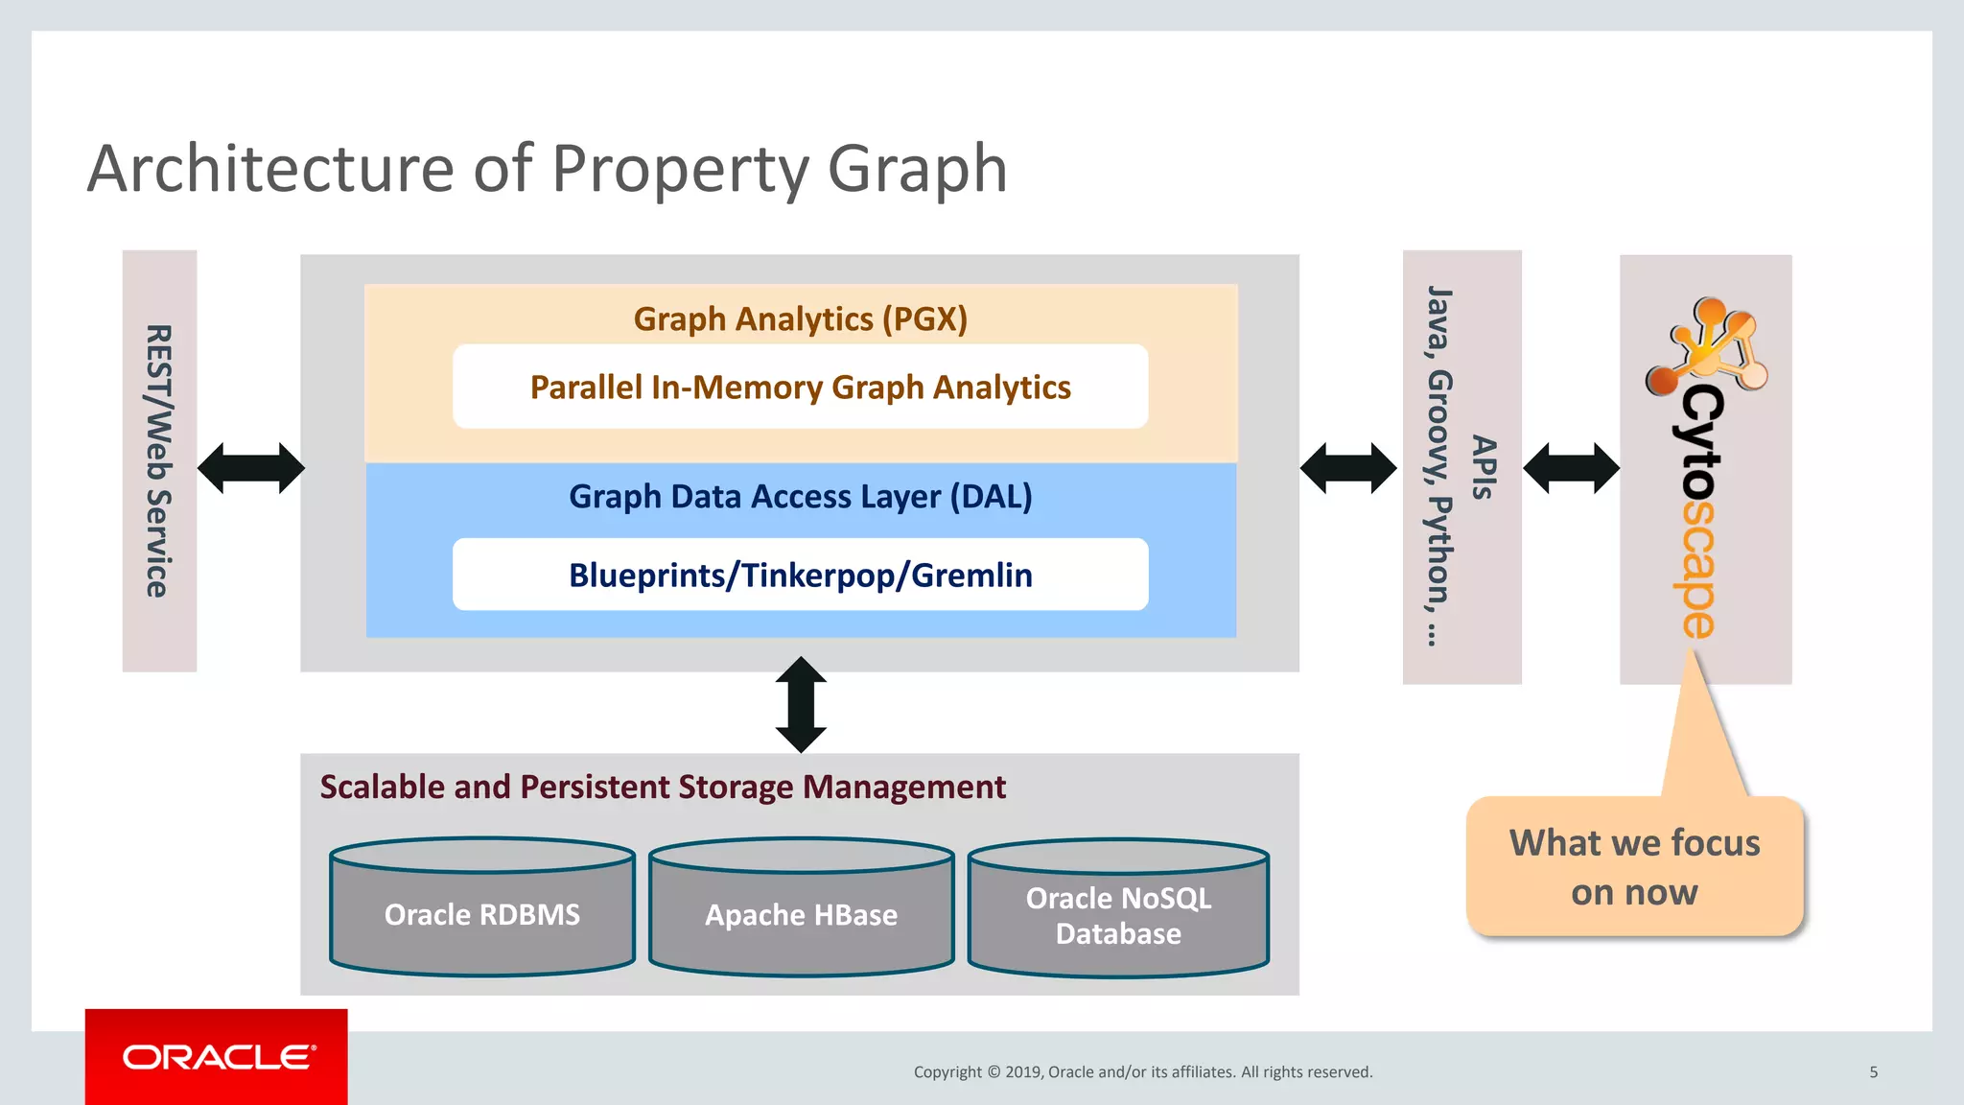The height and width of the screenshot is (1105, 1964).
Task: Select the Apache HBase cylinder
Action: click(x=802, y=913)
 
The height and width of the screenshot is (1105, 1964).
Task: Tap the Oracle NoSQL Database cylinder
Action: click(x=1118, y=914)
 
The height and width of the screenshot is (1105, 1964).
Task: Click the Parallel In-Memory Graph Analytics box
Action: click(x=800, y=387)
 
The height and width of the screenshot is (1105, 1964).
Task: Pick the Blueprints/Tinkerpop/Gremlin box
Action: click(x=800, y=575)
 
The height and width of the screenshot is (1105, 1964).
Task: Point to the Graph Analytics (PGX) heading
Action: click(x=800, y=318)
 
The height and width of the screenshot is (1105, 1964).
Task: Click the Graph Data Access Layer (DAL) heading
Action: click(x=800, y=496)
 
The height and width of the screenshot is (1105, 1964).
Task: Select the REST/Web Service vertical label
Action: click(x=158, y=460)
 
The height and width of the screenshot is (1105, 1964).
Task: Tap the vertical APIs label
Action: click(x=1484, y=467)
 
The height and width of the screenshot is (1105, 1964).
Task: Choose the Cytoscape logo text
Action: click(x=1701, y=512)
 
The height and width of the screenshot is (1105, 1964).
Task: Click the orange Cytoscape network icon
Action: click(x=1707, y=345)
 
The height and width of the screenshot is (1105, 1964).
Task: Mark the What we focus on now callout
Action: click(x=1634, y=866)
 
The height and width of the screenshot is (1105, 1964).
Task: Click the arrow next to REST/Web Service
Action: click(x=250, y=468)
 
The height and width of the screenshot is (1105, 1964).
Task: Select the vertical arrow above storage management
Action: click(x=801, y=705)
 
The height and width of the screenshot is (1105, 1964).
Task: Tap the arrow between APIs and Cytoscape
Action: click(x=1571, y=468)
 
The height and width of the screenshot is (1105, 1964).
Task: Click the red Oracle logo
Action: click(x=217, y=1057)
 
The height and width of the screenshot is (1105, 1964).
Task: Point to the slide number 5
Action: click(x=1873, y=1071)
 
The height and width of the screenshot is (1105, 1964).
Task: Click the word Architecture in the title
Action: click(x=271, y=169)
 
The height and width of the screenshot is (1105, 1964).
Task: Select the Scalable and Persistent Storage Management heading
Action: click(x=663, y=787)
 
